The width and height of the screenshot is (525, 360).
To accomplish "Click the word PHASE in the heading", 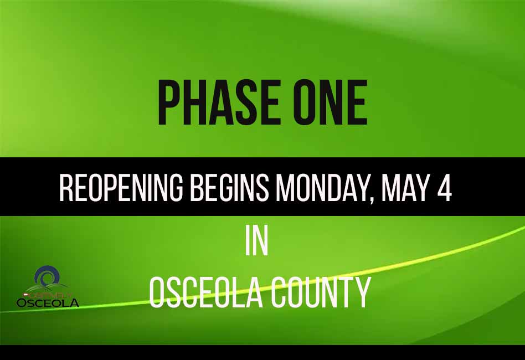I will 214,103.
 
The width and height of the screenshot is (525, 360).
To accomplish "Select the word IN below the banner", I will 256,241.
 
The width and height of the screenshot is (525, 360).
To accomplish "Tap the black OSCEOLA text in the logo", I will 48,303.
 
